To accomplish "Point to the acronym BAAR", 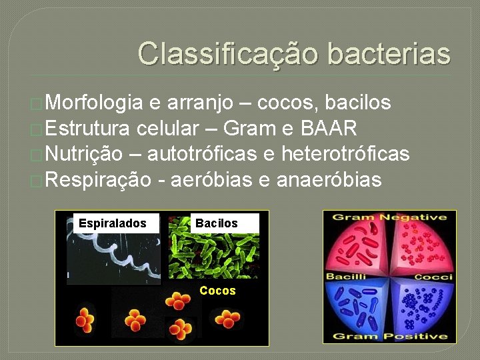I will (329, 128).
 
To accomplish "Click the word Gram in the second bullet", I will (250, 128).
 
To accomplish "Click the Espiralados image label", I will (112, 223).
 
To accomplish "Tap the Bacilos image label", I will (216, 223).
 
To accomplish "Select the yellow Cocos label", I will (217, 291).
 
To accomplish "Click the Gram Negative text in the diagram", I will (389, 217).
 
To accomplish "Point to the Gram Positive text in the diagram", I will (389, 337).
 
